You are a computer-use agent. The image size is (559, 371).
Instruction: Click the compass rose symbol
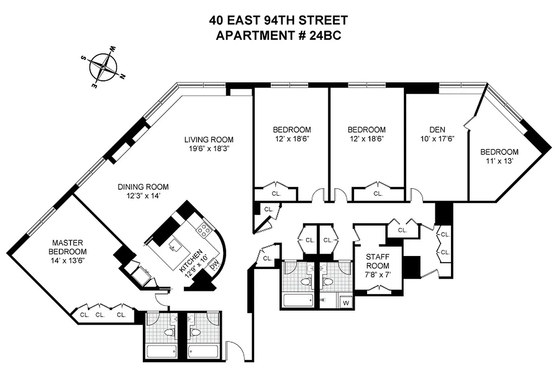click(x=103, y=66)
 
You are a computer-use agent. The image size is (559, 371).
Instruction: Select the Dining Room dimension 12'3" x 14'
click(x=142, y=196)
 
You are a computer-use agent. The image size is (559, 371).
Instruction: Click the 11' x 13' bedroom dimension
click(x=499, y=161)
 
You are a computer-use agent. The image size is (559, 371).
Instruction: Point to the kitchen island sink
click(x=174, y=244)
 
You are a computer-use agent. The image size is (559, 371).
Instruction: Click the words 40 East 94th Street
click(x=278, y=20)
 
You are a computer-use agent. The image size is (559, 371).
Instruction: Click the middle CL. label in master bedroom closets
click(x=100, y=314)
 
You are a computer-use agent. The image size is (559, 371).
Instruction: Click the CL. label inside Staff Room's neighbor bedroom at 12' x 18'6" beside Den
click(x=378, y=193)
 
